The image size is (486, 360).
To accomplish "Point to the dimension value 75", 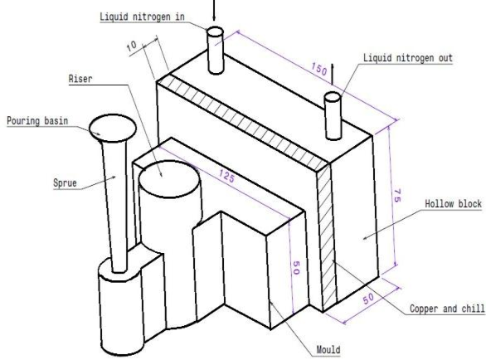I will pyautogui.click(x=396, y=197).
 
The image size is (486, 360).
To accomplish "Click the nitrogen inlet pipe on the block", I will pyautogui.click(x=215, y=50).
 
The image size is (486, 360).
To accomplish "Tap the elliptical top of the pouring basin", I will pyautogui.click(x=114, y=127).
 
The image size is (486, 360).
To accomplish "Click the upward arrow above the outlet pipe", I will pyautogui.click(x=333, y=74).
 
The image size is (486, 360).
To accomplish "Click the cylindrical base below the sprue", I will pyautogui.click(x=123, y=303).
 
